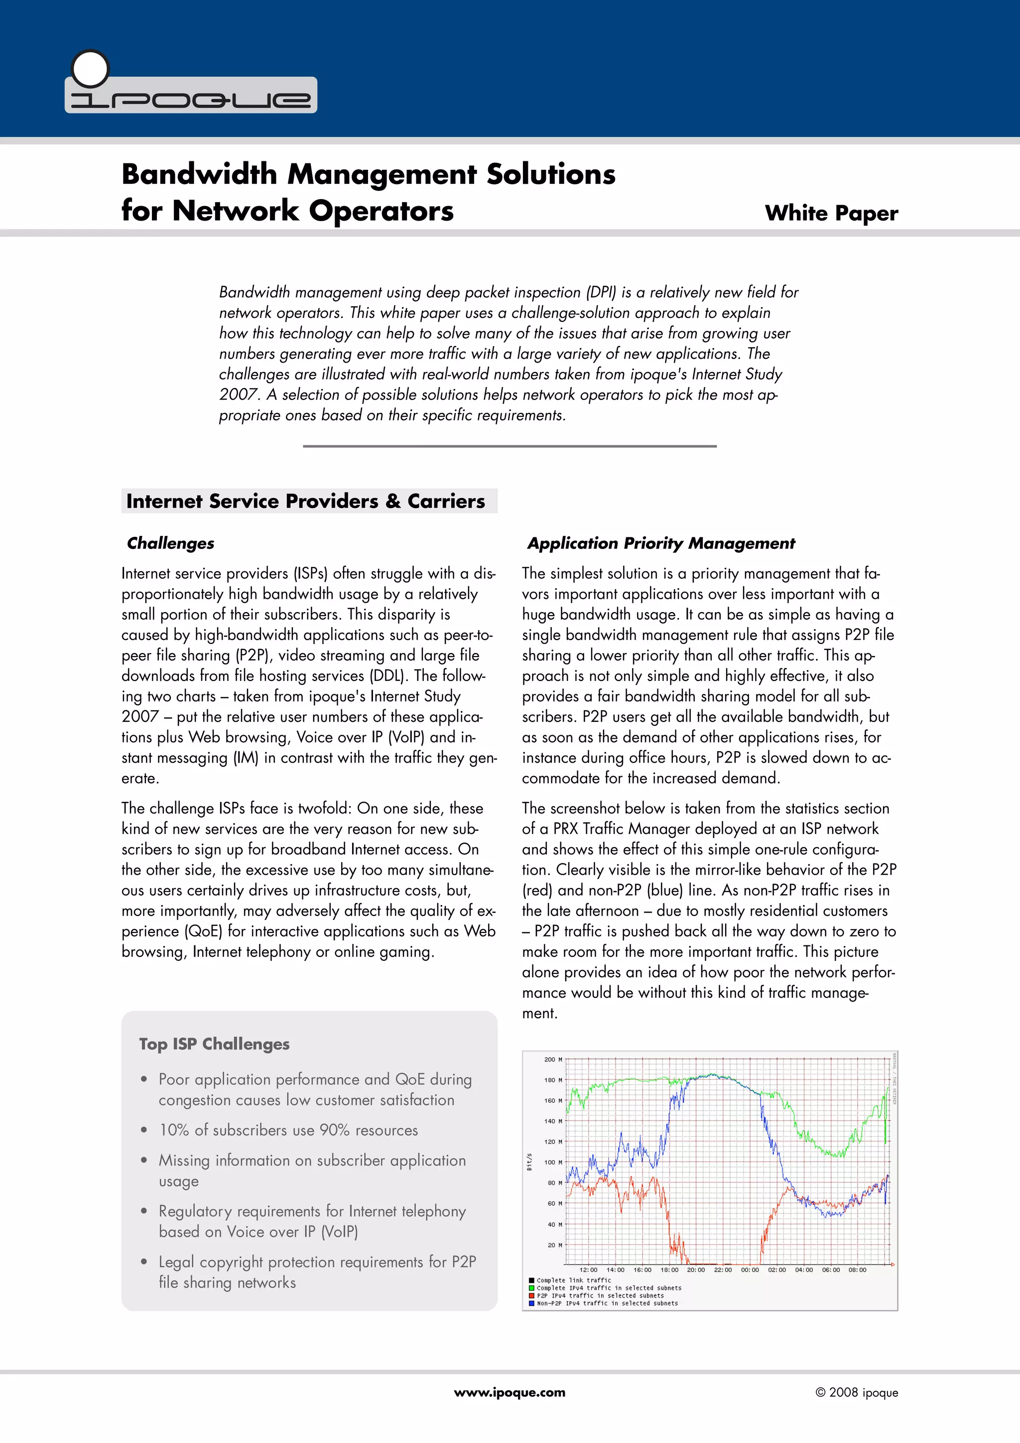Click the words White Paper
[831, 213]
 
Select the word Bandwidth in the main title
[199, 174]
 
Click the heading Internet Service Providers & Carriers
[305, 501]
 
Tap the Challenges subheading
[170, 543]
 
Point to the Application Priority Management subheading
[660, 543]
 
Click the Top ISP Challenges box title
[214, 1044]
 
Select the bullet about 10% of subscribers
[288, 1130]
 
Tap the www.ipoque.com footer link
[509, 1392]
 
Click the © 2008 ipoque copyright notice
[856, 1392]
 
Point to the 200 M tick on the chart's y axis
[552, 1059]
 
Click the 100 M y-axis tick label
[552, 1162]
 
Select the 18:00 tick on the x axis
[669, 1270]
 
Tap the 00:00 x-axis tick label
[749, 1270]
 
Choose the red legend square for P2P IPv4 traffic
[532, 1295]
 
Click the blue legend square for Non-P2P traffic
[532, 1303]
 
